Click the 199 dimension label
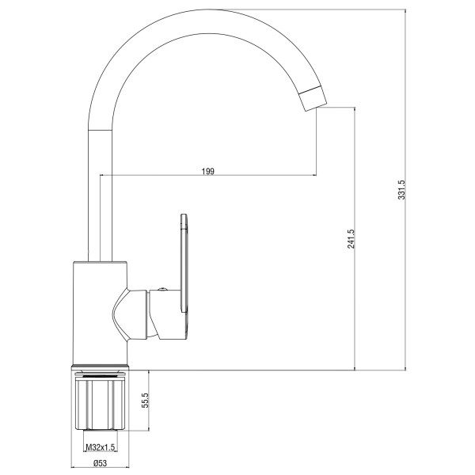pos(207,171)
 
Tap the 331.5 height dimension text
pos(401,190)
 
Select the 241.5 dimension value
pos(351,239)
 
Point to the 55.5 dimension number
pos(146,400)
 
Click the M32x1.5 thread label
pos(101,447)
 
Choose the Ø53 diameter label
pos(101,463)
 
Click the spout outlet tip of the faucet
pos(316,108)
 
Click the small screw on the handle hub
pos(162,288)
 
